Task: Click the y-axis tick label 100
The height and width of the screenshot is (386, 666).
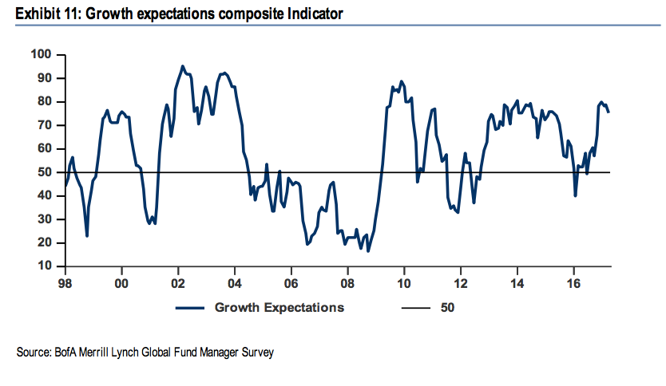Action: point(41,54)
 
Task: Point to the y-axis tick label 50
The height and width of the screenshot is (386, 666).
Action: point(44,172)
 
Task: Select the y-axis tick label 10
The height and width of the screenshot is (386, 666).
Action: point(44,266)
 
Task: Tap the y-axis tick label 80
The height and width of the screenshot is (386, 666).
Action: point(44,101)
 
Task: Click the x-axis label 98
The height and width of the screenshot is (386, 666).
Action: point(65,282)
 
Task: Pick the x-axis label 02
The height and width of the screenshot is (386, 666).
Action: point(178,282)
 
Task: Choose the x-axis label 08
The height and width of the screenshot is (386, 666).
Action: point(347,282)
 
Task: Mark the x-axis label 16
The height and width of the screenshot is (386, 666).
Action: point(573,282)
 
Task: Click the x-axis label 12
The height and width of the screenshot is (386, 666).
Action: point(461,282)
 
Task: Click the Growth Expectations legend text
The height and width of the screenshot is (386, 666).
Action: point(279,307)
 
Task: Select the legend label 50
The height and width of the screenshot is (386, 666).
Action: point(447,307)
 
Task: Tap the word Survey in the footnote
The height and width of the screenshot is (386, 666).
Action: point(257,352)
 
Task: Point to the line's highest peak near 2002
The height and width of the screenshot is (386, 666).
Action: point(183,66)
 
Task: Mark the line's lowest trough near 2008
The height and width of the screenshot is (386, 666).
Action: point(367,251)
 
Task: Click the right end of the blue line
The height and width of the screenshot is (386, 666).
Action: point(609,112)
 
